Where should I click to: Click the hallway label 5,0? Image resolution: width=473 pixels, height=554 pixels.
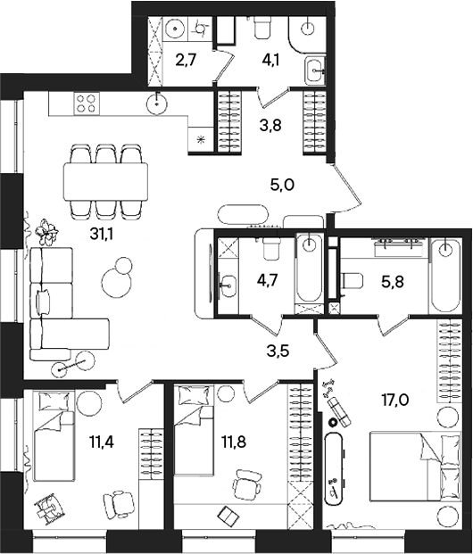tap(282, 186)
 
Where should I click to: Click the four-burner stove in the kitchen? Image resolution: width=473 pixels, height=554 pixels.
tap(87, 103)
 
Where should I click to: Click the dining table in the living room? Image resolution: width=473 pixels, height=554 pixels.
tap(106, 181)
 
